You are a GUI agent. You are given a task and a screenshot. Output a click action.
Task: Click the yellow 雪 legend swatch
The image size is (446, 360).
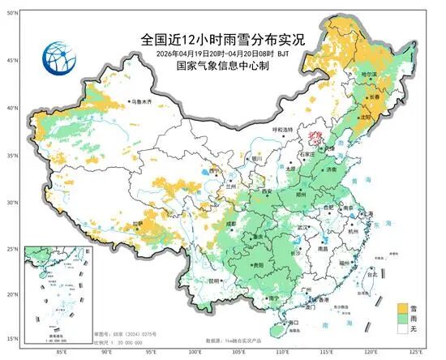401,308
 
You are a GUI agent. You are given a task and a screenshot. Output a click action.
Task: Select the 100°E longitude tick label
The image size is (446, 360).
195,353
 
